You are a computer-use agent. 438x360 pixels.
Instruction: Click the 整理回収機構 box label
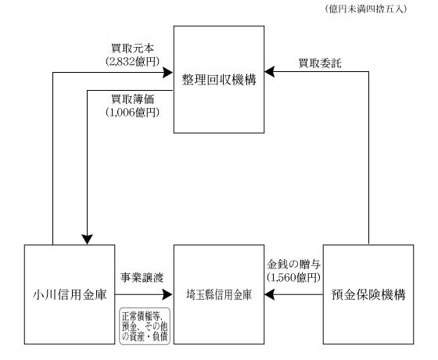coord(219,80)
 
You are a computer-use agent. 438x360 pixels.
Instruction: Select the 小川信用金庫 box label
coord(70,294)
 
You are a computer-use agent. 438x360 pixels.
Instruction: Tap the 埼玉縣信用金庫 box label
coord(219,295)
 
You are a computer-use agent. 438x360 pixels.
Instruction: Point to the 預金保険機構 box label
coord(368,294)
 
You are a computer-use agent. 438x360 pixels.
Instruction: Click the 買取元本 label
coord(132,49)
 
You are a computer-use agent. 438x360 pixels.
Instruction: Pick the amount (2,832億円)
coord(132,61)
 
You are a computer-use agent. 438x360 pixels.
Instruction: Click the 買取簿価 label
coord(132,99)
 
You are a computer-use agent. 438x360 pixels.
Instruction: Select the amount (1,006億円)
coord(132,113)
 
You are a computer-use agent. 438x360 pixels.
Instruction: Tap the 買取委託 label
coord(320,63)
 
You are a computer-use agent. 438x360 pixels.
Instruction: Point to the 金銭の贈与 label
coord(293,265)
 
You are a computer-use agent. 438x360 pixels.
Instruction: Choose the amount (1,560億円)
coord(293,277)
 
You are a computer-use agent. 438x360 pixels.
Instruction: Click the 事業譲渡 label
coord(142,278)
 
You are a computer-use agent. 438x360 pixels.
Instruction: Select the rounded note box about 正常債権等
coord(145,326)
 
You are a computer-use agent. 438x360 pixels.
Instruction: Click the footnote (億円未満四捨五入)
coord(366,9)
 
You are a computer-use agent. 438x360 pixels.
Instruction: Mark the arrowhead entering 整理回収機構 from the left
coord(168,72)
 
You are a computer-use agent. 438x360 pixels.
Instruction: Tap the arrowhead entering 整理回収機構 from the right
coord(270,71)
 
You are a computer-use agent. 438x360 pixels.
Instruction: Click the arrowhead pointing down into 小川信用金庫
coord(87,239)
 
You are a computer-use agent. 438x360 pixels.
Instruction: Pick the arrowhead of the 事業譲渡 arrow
coord(168,294)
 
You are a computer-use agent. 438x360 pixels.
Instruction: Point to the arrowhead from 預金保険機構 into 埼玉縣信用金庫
coord(270,294)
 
